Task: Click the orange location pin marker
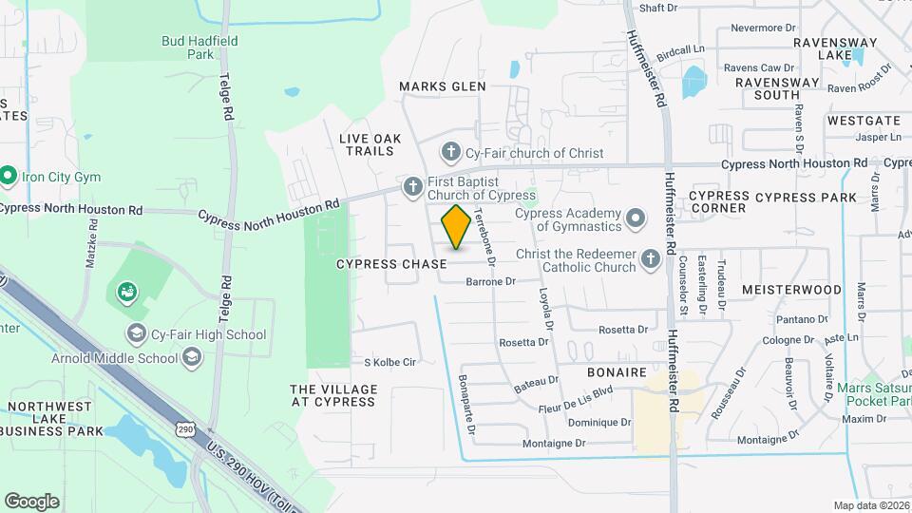456,227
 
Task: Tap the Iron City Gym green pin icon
9,177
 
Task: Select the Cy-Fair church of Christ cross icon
451,152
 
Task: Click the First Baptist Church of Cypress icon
412,187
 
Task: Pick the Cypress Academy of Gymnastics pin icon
636,220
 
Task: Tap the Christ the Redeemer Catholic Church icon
651,259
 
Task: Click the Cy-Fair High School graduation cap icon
137,333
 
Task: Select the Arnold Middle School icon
192,357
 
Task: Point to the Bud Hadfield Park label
199,47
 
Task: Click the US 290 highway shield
185,429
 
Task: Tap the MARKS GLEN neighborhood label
442,86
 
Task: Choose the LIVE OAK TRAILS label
370,144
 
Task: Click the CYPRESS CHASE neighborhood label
391,264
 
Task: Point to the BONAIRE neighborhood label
617,372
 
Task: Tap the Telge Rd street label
226,98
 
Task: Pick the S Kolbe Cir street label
390,362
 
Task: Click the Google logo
31,501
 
